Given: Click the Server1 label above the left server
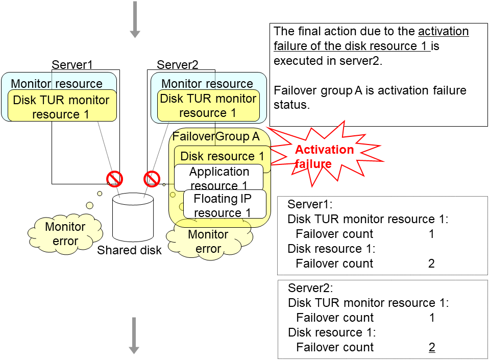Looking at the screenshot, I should coord(72,65).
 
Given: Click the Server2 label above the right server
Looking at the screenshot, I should coord(177,65).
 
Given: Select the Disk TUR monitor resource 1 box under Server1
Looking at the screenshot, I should coord(61,107).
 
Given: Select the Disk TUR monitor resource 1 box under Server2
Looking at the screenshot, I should coord(208,106).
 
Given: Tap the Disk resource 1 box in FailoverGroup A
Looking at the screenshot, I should coord(223,156).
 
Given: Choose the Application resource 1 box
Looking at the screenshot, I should coord(219,178).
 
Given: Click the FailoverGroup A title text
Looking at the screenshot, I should coord(216,137).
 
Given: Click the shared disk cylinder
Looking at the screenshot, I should coord(132,219).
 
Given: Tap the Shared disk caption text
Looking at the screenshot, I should coord(129,250).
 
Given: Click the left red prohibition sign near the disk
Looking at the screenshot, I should coord(114,179).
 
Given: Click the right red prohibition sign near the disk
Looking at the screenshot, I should coord(152,179).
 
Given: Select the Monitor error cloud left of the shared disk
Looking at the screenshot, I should coord(65,234).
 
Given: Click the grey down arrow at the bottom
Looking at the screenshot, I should coord(134,335).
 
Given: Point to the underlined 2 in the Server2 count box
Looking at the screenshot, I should coord(432,348).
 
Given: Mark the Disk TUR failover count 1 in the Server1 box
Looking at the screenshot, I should coord(432,234).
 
